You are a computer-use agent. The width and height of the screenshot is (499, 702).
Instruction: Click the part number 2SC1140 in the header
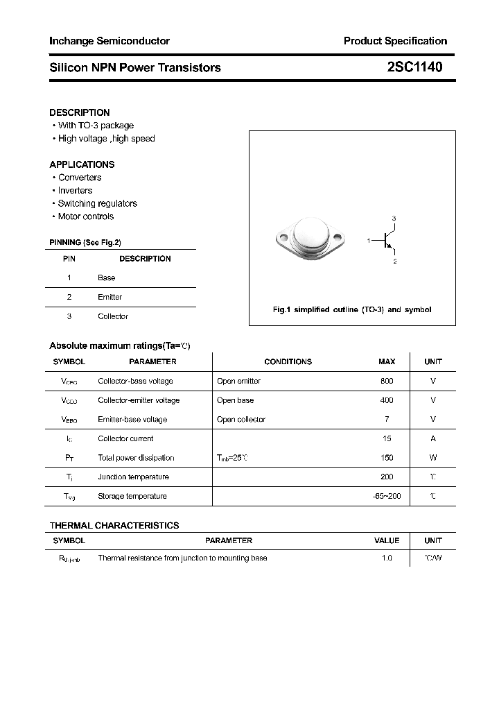414,67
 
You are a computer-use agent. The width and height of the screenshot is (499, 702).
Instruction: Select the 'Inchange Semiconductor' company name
110,41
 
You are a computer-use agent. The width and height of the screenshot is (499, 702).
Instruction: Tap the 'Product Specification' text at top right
395,41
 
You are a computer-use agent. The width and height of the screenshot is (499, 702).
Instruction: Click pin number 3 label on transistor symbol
394,219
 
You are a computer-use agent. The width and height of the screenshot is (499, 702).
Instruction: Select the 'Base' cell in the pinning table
107,277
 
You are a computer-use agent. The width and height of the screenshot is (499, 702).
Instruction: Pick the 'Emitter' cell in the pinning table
110,297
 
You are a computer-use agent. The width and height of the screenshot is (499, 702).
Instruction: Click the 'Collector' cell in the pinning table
112,316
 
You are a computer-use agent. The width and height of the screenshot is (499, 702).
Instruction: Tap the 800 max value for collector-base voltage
387,381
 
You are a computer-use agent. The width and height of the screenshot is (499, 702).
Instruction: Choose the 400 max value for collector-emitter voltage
387,400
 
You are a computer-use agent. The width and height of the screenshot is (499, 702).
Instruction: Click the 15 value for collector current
387,438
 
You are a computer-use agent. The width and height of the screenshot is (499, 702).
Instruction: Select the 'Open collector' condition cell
240,420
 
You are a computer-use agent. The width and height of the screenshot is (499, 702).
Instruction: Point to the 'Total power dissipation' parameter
136,458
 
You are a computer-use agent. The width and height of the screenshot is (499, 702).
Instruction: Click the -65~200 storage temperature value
387,496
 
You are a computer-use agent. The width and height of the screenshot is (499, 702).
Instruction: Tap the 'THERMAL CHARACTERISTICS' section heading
114,525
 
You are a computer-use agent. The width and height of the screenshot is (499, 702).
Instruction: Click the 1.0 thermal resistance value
387,558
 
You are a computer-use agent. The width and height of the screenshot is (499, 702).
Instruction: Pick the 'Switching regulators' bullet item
97,203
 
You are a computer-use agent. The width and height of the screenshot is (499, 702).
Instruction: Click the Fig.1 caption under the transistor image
352,310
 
